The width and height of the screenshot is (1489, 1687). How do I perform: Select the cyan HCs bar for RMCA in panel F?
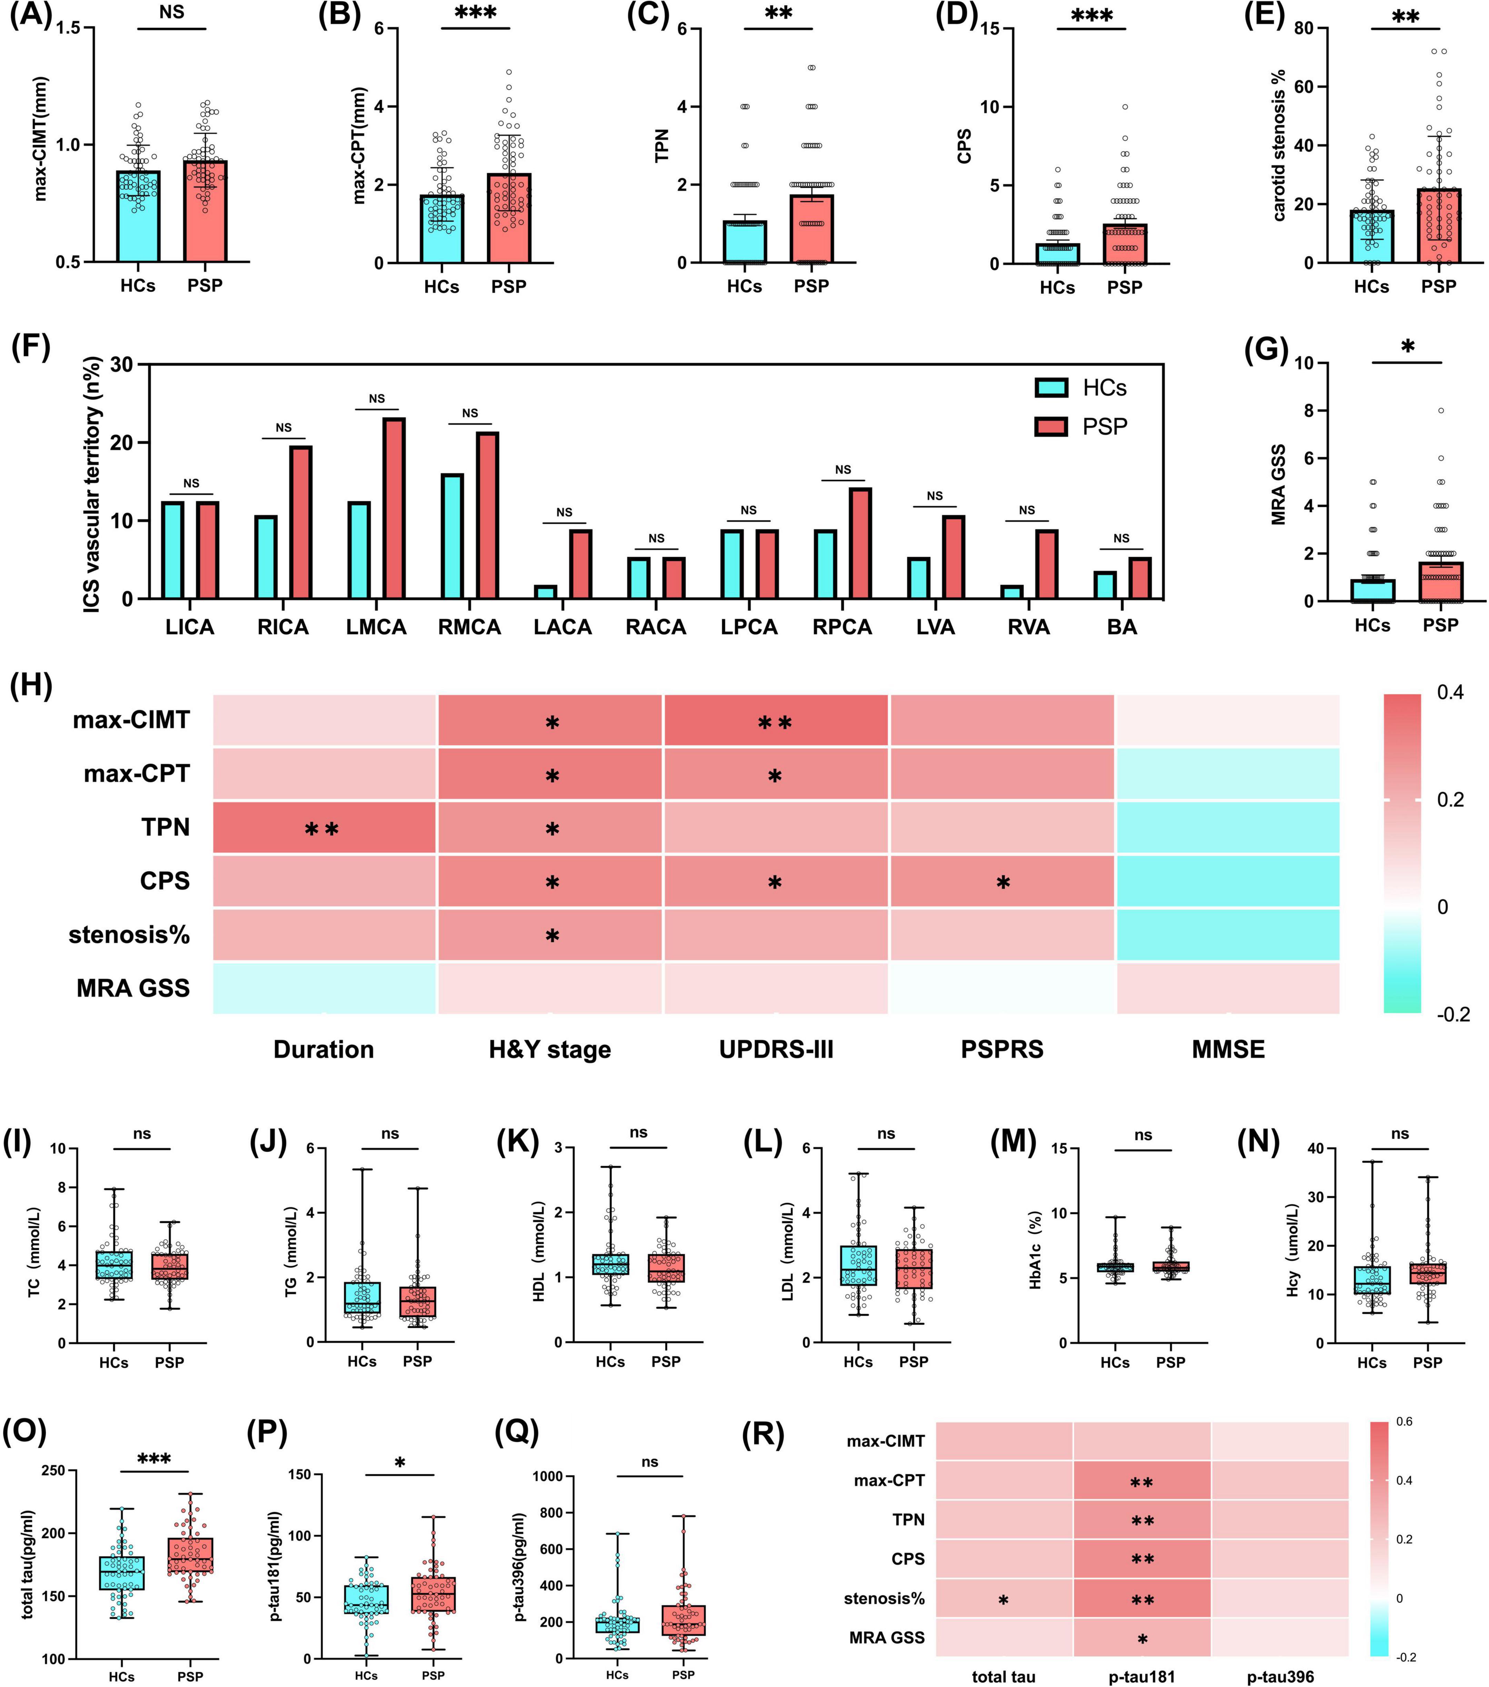(x=452, y=536)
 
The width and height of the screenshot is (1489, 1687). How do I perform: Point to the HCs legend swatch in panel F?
(x=1052, y=388)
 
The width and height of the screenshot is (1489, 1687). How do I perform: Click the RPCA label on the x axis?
(x=842, y=627)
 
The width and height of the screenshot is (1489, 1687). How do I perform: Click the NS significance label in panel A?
(x=172, y=12)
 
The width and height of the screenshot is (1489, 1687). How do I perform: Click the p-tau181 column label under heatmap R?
(x=1142, y=1676)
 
